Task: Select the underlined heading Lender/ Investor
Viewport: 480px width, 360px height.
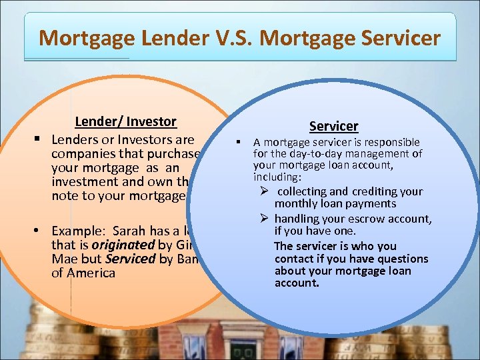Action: point(125,121)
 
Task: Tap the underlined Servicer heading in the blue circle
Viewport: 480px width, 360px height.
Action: point(333,126)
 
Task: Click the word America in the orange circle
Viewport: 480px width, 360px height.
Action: point(92,273)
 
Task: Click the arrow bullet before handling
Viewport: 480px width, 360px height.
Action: point(265,219)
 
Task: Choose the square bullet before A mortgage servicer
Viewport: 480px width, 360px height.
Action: point(237,142)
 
